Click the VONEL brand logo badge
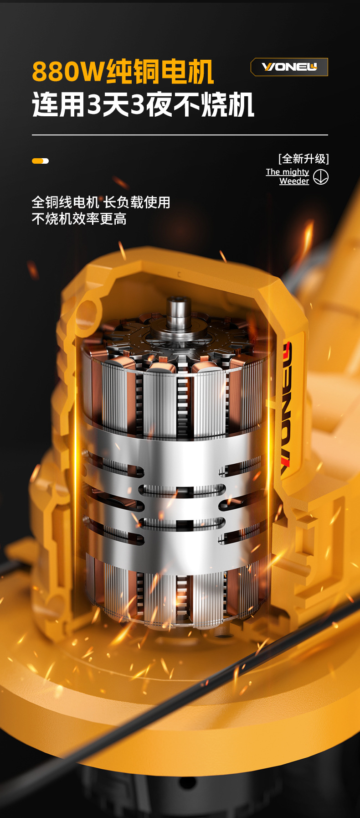(x=289, y=67)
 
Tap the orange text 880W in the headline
(x=68, y=72)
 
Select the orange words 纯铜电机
(x=160, y=72)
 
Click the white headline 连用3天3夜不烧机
(x=143, y=104)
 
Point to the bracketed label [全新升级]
(x=303, y=159)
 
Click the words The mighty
(x=288, y=172)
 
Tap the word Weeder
(x=294, y=181)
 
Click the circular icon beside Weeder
(x=321, y=177)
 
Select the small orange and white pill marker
(x=40, y=161)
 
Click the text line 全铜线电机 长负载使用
(x=101, y=202)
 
